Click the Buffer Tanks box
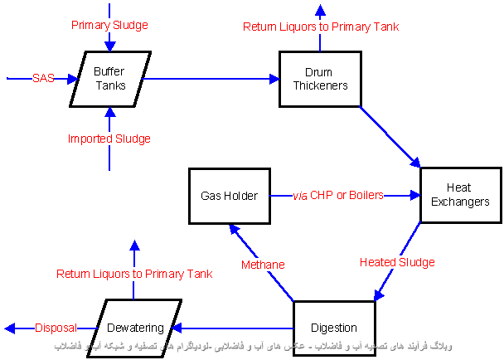(x=109, y=79)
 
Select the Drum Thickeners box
(x=313, y=79)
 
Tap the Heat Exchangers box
(x=462, y=195)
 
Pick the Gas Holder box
(x=229, y=196)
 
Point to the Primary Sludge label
(x=109, y=25)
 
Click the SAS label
(x=43, y=79)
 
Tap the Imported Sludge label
(x=109, y=139)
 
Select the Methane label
(x=263, y=265)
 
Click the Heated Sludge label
(x=397, y=262)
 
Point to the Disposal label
(x=56, y=328)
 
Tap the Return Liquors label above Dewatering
(x=134, y=274)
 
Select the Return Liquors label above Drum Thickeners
(x=321, y=27)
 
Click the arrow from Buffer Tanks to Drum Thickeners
(x=211, y=79)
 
